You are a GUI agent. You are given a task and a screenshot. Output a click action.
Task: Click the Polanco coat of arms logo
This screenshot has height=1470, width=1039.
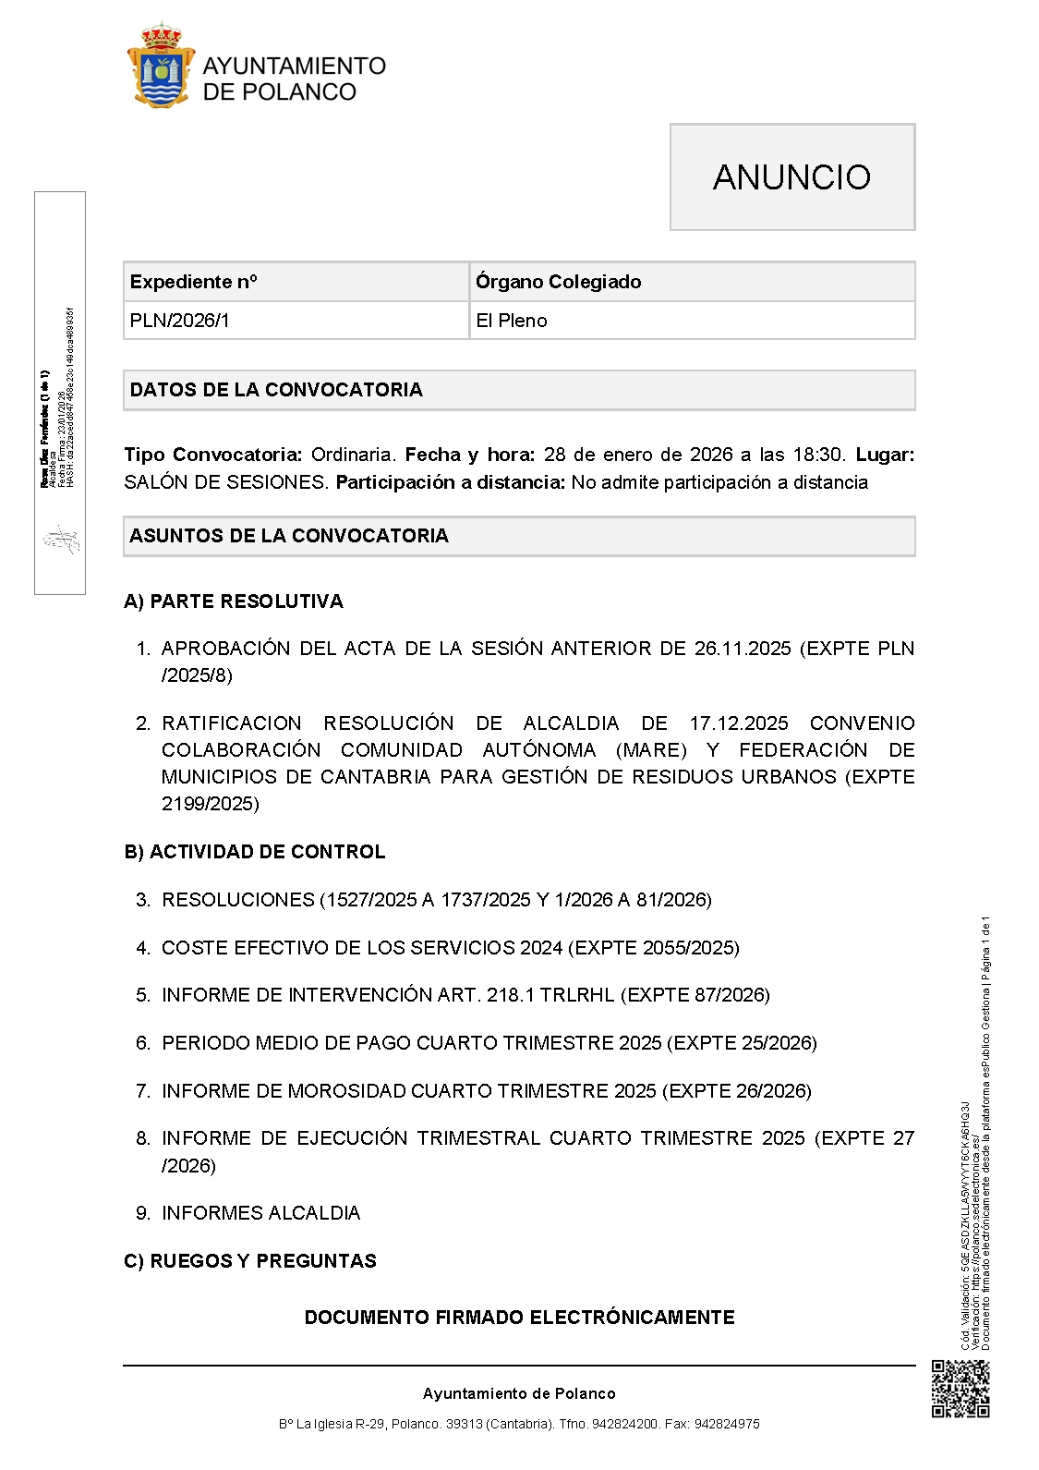tap(161, 67)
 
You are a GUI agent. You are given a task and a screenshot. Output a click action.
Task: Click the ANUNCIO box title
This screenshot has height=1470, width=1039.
tap(791, 177)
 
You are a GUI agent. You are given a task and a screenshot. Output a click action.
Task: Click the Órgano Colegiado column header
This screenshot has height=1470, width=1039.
tap(558, 282)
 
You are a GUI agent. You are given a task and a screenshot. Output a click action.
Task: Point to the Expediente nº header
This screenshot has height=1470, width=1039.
tap(194, 282)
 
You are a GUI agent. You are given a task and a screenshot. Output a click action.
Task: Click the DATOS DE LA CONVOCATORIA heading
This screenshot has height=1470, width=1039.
tap(276, 390)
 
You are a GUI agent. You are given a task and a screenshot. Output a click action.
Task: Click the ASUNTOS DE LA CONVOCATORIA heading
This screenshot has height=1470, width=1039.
tap(289, 536)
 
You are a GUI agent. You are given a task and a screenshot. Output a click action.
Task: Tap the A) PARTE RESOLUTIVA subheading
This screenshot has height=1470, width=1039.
tap(234, 601)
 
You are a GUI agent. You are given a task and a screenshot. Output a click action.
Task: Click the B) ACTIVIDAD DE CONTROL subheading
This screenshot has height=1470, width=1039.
tap(255, 852)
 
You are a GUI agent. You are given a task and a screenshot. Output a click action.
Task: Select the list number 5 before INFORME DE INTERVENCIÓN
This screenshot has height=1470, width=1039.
tap(142, 995)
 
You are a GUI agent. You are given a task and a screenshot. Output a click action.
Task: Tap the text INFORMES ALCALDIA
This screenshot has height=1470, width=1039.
tap(261, 1213)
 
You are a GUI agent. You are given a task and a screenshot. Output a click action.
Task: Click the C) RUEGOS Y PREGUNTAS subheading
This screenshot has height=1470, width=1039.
tap(250, 1261)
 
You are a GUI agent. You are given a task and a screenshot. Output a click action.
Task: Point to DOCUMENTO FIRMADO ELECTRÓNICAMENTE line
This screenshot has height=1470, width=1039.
tap(519, 1318)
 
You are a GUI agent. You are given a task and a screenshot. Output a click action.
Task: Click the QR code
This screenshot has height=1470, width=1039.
tap(960, 1389)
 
